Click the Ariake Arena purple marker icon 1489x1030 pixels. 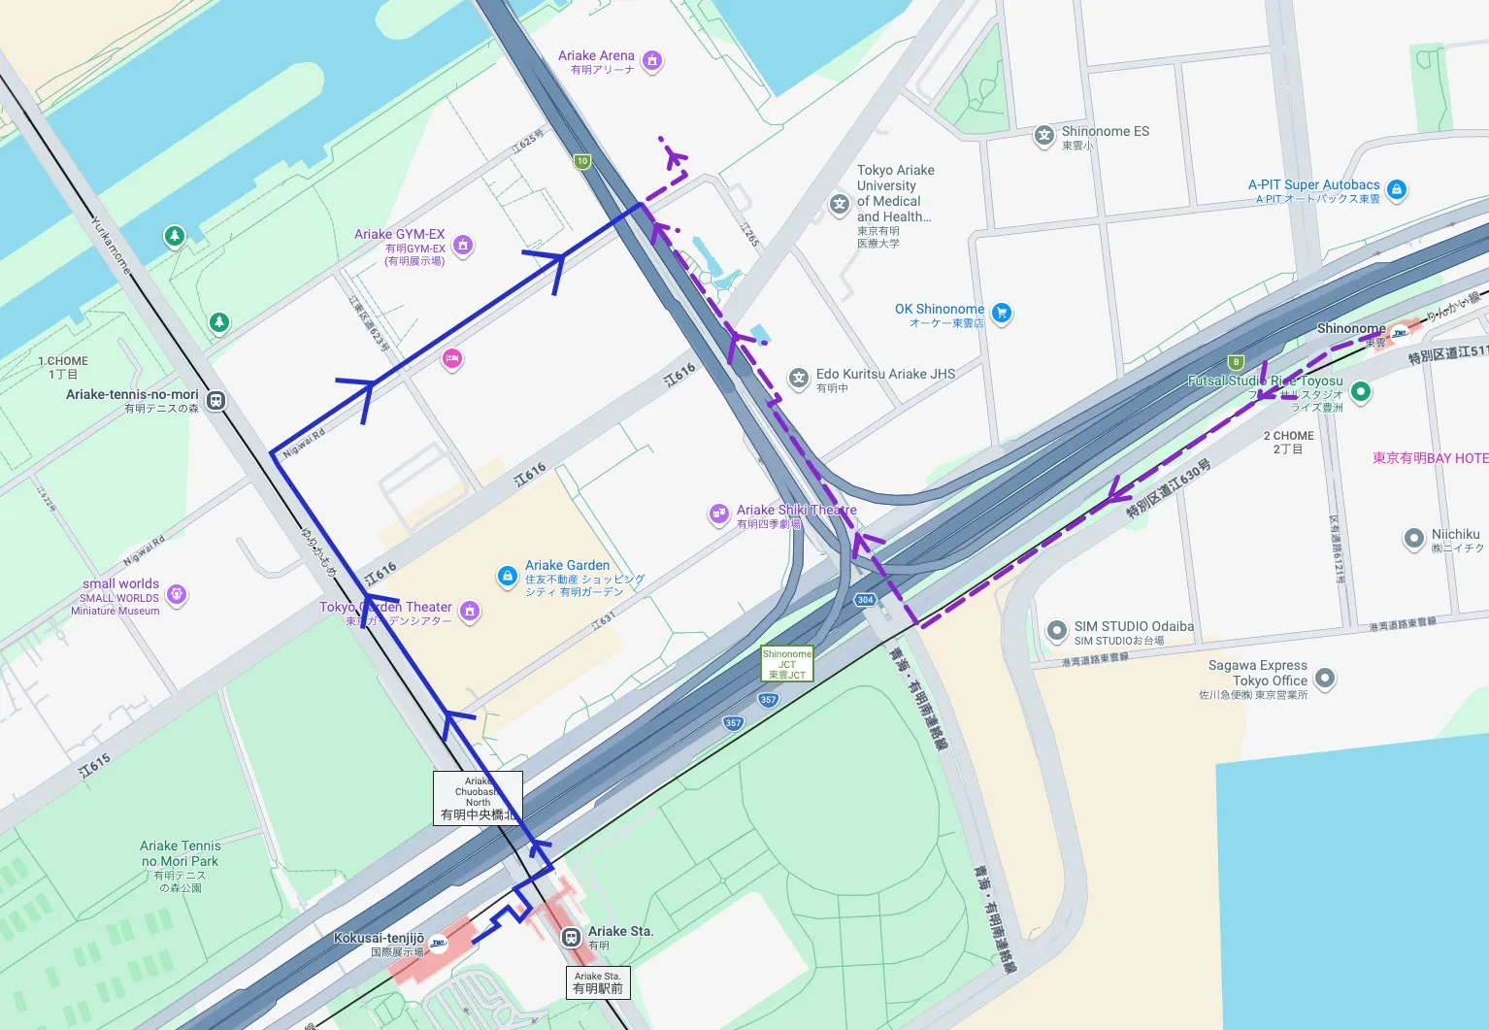652,61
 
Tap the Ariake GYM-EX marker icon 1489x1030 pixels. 463,246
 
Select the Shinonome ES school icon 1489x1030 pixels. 1043,136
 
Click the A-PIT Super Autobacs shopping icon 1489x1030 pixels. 1396,189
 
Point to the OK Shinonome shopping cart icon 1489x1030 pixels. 1002,313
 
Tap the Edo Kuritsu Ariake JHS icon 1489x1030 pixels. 798,379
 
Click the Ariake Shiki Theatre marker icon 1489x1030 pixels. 718,514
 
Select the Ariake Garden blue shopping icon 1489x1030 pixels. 507,576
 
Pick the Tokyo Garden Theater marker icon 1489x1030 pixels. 470,611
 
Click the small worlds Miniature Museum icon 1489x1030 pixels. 176,594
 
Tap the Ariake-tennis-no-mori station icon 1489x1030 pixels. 215,400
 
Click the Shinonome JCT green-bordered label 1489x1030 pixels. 786,664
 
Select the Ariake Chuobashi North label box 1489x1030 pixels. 478,798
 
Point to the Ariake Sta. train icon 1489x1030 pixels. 571,937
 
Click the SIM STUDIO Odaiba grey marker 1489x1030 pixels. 1056,631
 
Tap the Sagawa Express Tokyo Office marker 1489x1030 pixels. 1324,678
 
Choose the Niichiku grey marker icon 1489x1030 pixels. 1414,539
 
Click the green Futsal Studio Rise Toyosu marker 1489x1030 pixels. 1361,391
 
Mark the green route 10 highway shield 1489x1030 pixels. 581,161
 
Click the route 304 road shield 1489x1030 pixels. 865,600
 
